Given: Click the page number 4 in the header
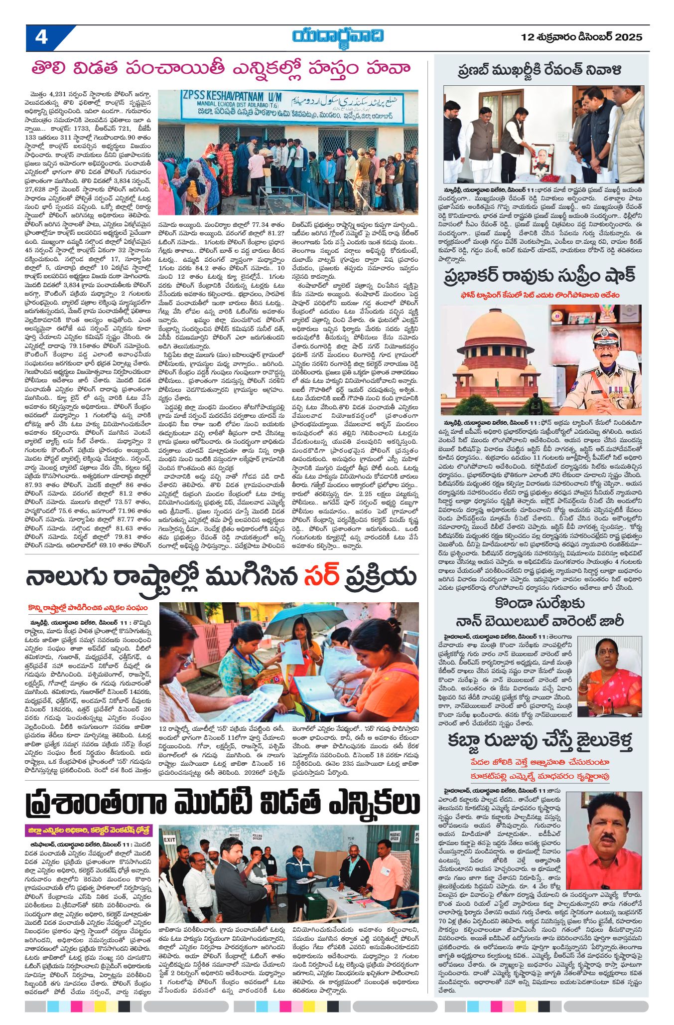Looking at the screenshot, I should click(41, 37).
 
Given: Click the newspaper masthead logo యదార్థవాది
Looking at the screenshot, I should click(338, 37).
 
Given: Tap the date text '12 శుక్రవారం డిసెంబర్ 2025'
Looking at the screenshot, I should click(581, 37).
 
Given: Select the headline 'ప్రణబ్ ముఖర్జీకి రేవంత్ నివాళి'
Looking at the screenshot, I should click(539, 70).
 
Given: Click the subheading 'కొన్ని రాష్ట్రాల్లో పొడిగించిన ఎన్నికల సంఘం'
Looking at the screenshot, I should click(88, 608).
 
